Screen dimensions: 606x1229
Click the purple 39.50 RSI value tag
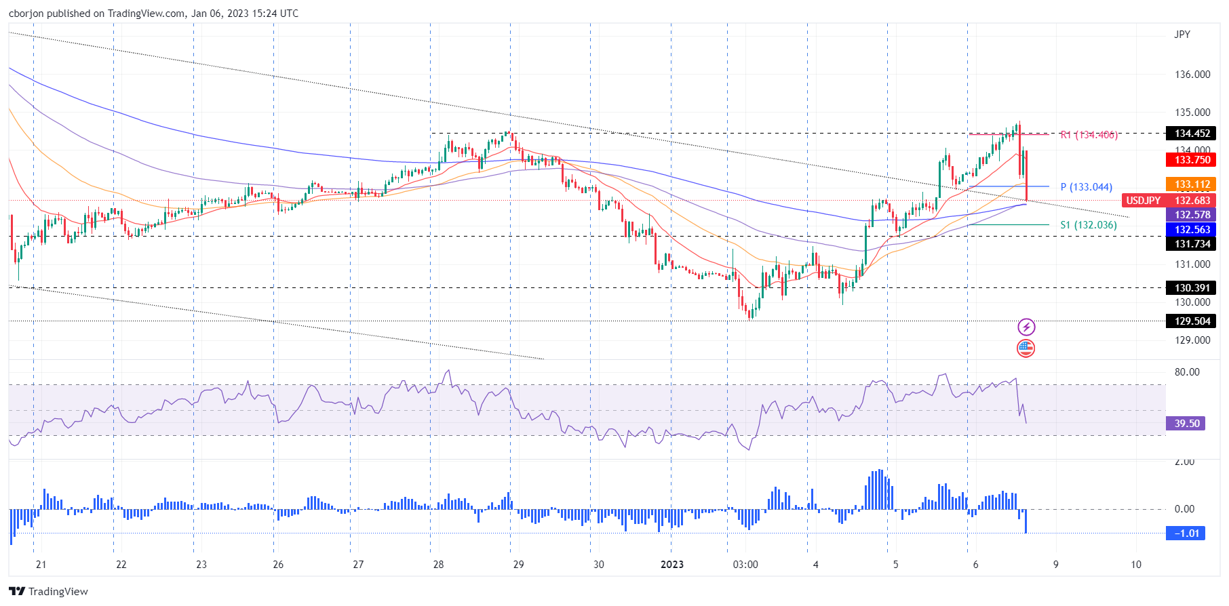click(1186, 424)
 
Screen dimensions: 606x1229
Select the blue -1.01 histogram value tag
click(1186, 533)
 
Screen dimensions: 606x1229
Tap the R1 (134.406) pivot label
click(1089, 135)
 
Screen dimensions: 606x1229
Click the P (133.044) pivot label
click(1086, 187)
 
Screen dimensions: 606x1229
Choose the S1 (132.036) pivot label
click(1088, 225)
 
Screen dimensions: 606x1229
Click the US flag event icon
click(1026, 348)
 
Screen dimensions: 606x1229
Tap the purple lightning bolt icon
click(1026, 327)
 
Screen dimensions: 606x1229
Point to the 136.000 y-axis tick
click(1192, 75)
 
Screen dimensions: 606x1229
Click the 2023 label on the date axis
click(671, 565)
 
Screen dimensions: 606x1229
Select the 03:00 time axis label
click(745, 565)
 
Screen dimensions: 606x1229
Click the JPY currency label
click(1182, 35)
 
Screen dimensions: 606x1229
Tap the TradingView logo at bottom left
click(49, 592)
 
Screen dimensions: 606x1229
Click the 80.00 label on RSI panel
click(1186, 372)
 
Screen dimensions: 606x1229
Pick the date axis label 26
click(278, 565)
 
